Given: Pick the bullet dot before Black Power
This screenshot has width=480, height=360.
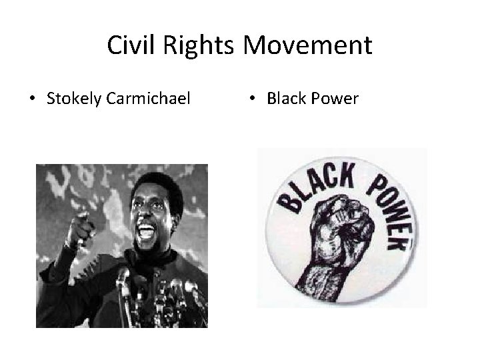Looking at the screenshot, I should [252, 100].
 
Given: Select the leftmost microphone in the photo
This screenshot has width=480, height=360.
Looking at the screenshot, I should [123, 280].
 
